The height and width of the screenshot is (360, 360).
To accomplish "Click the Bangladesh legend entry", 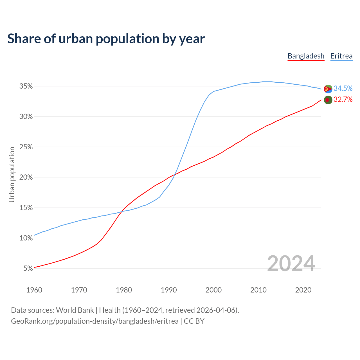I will click(x=306, y=56).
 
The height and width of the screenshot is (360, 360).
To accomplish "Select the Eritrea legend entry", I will click(x=341, y=56).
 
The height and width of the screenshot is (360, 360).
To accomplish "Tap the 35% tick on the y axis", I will click(x=26, y=86).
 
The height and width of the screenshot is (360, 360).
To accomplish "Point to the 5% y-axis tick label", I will click(x=28, y=269).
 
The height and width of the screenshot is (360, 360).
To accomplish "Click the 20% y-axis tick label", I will click(x=26, y=177).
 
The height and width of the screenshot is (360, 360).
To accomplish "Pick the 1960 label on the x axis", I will click(x=34, y=290).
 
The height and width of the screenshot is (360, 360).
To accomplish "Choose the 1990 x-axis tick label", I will click(x=169, y=290).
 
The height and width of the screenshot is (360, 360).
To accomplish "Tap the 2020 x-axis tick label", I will click(x=303, y=290).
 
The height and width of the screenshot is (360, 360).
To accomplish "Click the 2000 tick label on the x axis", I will click(x=213, y=290).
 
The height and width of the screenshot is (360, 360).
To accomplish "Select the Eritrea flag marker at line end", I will click(x=328, y=89).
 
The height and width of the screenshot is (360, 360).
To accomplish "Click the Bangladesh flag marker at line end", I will click(x=328, y=100).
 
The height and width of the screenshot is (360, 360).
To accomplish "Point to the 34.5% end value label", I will click(x=343, y=89).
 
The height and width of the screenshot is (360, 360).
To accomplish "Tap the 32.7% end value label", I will click(x=343, y=100).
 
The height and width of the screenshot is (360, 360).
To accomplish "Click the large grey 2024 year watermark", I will click(x=291, y=264).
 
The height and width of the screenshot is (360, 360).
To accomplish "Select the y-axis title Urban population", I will click(x=12, y=174).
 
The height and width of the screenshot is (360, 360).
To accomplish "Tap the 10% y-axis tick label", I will click(x=26, y=238).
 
